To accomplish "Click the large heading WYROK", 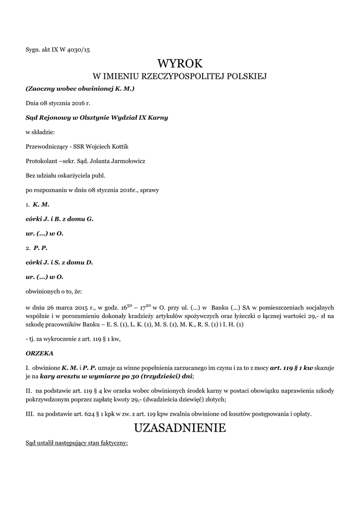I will click(x=180, y=63).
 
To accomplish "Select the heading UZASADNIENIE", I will click(x=180, y=428).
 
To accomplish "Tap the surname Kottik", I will click(x=122, y=146).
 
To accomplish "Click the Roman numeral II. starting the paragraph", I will click(x=29, y=391).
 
